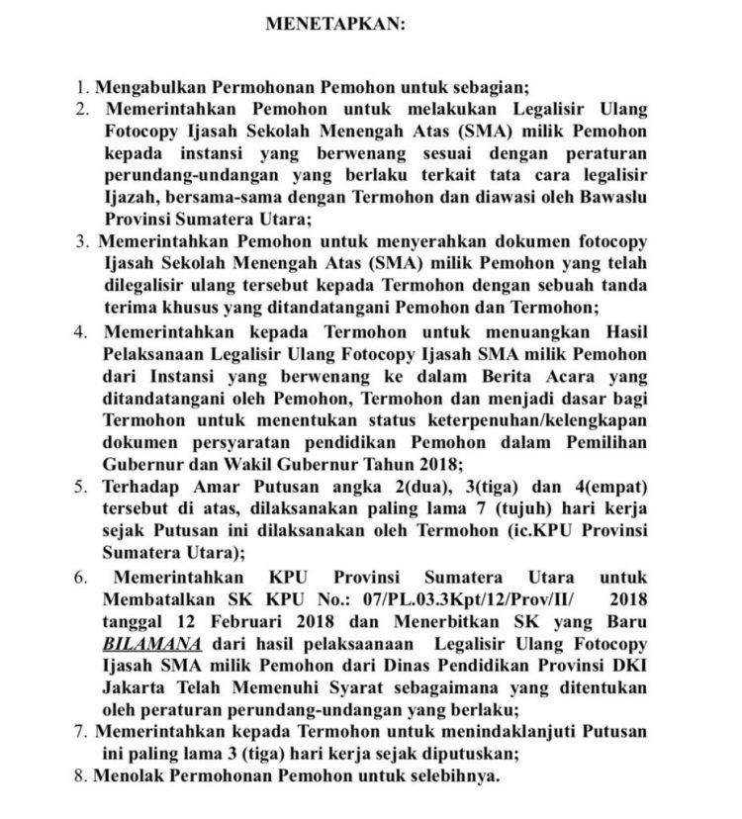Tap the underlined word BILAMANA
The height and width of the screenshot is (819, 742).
[147, 644]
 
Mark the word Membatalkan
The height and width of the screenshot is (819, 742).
[157, 600]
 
